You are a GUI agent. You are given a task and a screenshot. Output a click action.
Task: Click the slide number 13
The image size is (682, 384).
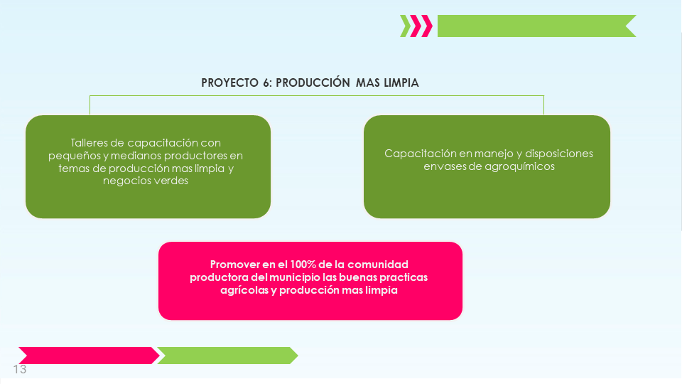click(x=20, y=369)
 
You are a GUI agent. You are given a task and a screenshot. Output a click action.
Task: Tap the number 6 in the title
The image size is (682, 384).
click(x=267, y=82)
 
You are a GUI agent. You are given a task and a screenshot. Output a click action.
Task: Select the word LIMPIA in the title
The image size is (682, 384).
click(x=401, y=82)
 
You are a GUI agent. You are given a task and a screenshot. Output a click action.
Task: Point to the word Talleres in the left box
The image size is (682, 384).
click(x=90, y=143)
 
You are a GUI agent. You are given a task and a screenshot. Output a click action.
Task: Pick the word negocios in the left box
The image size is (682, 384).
click(x=124, y=181)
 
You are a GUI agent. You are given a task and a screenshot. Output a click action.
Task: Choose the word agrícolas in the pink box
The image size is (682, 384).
click(x=244, y=290)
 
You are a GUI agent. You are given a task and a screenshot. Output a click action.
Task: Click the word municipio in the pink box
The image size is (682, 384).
click(x=294, y=278)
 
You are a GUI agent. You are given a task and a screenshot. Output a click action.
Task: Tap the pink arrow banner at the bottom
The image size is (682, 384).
click(x=89, y=356)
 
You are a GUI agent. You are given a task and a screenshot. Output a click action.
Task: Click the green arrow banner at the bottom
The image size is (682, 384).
click(x=227, y=356)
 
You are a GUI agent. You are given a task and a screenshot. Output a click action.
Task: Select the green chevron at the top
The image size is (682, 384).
click(x=406, y=26)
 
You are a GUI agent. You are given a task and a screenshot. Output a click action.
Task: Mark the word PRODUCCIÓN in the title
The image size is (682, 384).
click(x=313, y=82)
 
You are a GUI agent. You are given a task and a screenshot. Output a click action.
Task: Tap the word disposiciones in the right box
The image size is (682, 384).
click(x=559, y=154)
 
